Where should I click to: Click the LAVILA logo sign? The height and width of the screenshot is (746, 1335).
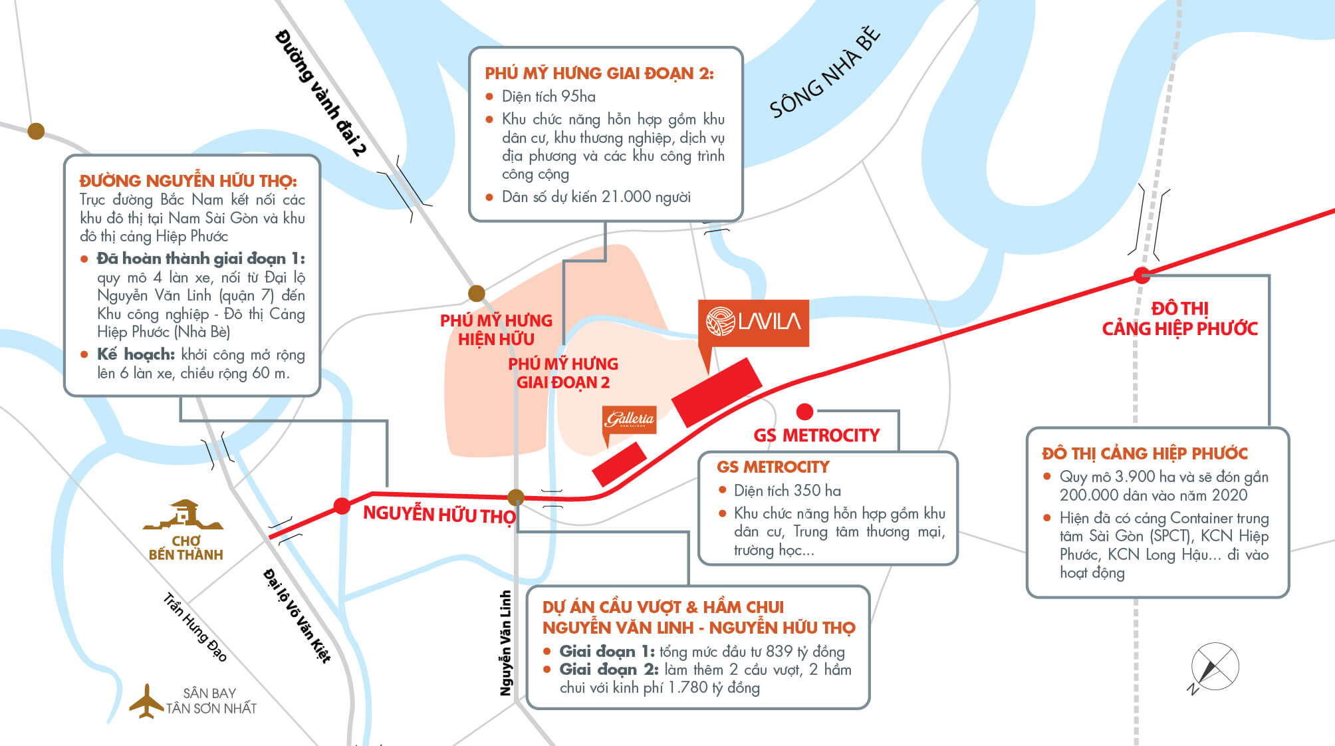tap(753, 323)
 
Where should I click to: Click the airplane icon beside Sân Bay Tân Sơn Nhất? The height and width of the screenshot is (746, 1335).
tap(146, 701)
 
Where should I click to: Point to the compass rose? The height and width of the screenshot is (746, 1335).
tap(1214, 667)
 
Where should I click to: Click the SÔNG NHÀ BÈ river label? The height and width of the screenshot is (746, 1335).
tap(825, 72)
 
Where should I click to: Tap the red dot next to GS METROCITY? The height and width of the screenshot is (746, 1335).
tap(804, 412)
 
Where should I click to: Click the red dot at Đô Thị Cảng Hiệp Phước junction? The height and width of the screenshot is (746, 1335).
tap(1142, 275)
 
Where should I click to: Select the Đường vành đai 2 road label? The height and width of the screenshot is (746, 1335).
tap(321, 92)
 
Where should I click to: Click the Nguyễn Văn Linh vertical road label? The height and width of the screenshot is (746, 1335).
tap(506, 643)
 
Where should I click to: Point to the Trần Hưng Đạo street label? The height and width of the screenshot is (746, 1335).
tap(195, 627)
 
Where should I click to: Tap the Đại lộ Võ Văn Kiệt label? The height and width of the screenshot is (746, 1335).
tap(297, 615)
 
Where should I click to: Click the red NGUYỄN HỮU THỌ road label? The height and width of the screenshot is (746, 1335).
tap(439, 515)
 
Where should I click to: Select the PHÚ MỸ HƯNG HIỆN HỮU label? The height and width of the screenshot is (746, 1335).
tap(496, 330)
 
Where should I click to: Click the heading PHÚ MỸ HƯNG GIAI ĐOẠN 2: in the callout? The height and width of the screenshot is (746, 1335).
tap(599, 73)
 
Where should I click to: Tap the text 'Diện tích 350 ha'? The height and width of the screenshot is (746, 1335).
tap(787, 491)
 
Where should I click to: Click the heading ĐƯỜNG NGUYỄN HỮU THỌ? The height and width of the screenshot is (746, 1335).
tap(188, 181)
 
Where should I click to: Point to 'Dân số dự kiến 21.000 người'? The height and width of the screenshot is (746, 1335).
tap(596, 197)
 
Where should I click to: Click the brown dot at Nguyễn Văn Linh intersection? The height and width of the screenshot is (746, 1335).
tap(516, 497)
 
